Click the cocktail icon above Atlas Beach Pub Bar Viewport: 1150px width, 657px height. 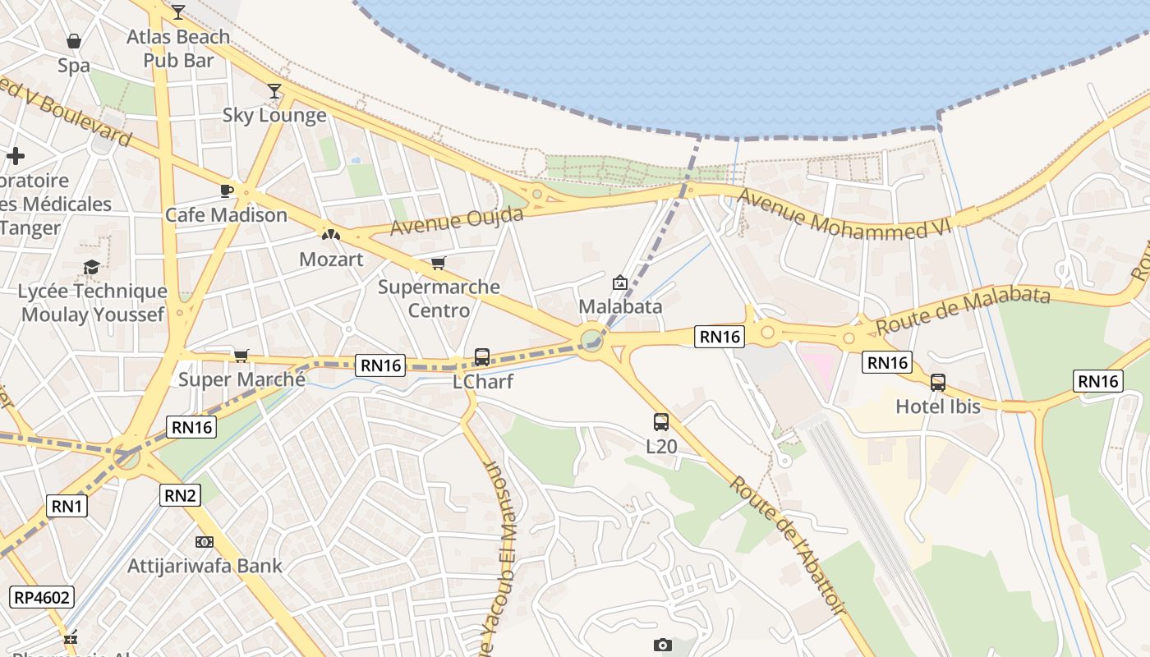click(177, 11)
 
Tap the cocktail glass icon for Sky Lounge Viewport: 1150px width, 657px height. click(274, 91)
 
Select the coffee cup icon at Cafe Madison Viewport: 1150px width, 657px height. click(227, 191)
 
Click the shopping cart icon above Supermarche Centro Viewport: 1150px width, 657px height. click(439, 263)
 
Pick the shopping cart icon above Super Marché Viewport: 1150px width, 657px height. click(241, 355)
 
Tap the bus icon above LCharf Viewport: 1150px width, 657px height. click(482, 357)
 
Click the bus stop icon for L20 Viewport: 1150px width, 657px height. click(660, 422)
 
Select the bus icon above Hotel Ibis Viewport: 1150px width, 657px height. click(937, 382)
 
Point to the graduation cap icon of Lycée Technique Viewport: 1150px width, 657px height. click(92, 267)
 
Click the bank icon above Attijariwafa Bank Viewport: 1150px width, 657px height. click(205, 542)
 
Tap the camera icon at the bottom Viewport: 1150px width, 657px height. click(663, 645)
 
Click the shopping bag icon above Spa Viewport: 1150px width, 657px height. click(74, 41)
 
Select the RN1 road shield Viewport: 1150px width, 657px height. click(67, 506)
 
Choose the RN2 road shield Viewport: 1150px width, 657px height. click(181, 494)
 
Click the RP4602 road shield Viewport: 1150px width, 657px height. click(42, 597)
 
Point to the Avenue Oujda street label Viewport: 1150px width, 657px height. click(457, 220)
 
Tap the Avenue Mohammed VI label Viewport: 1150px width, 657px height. click(844, 214)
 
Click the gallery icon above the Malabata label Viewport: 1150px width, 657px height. click(620, 283)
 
